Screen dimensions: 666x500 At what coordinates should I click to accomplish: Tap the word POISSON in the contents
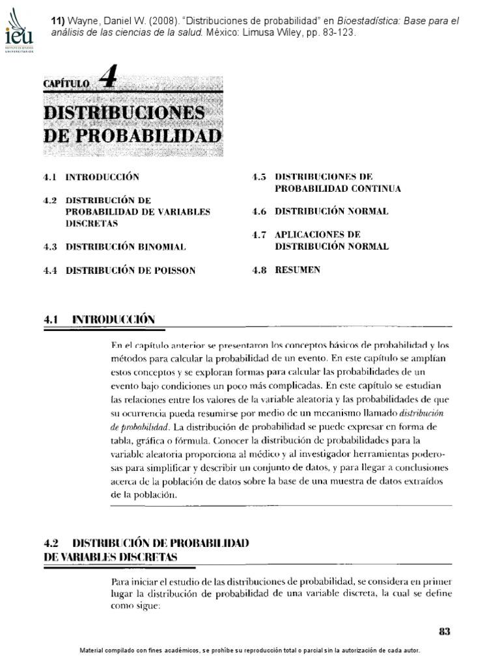(174, 270)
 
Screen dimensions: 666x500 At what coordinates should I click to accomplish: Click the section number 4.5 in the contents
(260, 176)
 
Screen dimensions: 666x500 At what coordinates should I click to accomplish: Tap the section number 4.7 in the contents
(260, 234)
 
